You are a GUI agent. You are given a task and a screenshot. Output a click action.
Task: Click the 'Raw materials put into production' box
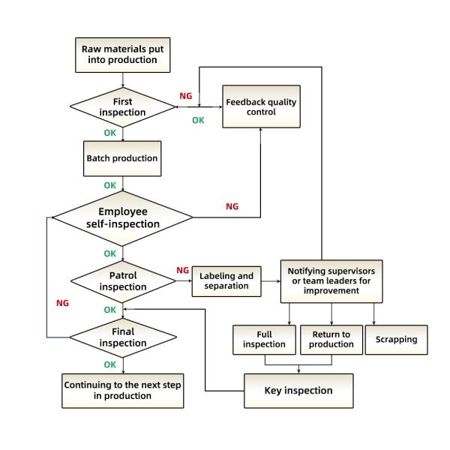point(121,55)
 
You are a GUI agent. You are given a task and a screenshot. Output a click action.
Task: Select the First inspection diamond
point(121,106)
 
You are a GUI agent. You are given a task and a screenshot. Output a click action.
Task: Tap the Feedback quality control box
point(259,106)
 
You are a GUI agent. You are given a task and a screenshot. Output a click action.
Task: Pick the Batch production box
point(121,158)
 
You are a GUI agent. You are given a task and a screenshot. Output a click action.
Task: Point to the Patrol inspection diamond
point(121,280)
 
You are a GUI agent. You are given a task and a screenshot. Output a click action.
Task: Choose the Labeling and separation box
point(226,280)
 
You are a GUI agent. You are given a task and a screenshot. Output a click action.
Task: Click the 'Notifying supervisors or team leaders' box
point(331,280)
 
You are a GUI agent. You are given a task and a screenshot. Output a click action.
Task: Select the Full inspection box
point(264,339)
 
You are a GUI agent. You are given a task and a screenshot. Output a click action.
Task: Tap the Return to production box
point(331,339)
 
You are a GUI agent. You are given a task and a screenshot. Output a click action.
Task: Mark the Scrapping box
point(396,339)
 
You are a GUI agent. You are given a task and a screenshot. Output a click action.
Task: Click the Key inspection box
point(298,390)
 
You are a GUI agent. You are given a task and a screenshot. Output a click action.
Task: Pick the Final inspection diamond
point(121,337)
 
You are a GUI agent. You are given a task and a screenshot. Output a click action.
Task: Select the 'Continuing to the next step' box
point(123,390)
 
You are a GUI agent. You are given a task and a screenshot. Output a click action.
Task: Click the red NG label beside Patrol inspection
point(182,270)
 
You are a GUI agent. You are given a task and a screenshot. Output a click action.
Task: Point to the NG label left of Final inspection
point(64,303)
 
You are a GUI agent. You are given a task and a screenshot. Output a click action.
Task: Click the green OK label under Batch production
point(110,184)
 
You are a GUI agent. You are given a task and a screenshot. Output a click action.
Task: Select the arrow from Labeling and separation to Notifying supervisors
point(271,280)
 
